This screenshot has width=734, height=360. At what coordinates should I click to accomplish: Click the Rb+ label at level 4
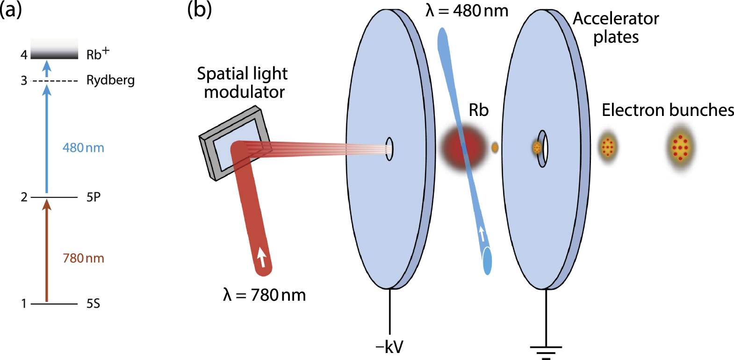pyautogui.click(x=97, y=54)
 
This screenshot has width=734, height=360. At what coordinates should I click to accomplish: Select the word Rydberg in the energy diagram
pyautogui.click(x=110, y=80)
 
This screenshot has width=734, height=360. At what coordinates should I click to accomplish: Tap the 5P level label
pyautogui.click(x=94, y=197)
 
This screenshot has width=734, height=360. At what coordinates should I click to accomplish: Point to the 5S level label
pyautogui.click(x=93, y=304)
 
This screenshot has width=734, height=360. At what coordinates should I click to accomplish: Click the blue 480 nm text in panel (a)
pyautogui.click(x=83, y=148)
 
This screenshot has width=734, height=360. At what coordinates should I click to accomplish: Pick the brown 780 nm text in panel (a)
pyautogui.click(x=83, y=258)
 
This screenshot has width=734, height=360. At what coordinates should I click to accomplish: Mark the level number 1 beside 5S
pyautogui.click(x=24, y=304)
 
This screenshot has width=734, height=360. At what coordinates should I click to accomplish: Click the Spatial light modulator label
pyautogui.click(x=243, y=83)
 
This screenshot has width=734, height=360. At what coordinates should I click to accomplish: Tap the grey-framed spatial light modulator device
pyautogui.click(x=234, y=143)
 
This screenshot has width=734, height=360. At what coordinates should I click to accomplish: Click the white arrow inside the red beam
pyautogui.click(x=262, y=257)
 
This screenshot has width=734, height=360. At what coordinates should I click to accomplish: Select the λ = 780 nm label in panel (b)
pyautogui.click(x=265, y=295)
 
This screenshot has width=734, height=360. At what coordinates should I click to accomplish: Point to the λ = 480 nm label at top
pyautogui.click(x=467, y=10)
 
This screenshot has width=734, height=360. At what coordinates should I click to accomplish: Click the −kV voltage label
pyautogui.click(x=389, y=347)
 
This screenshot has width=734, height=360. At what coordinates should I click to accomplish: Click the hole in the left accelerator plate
pyautogui.click(x=389, y=149)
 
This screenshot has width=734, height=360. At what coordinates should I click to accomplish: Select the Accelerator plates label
pyautogui.click(x=616, y=28)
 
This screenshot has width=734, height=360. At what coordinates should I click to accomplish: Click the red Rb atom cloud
pyautogui.click(x=461, y=148)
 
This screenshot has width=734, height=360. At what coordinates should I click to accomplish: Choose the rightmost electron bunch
pyautogui.click(x=680, y=147)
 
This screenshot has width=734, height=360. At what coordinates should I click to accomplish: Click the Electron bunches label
pyautogui.click(x=668, y=110)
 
